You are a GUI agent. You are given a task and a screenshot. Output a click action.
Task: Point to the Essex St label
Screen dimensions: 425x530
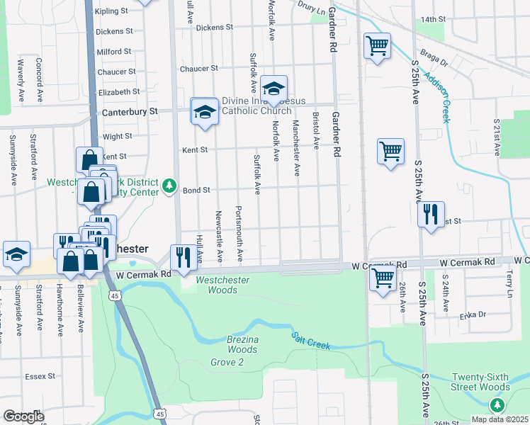tap(40, 376)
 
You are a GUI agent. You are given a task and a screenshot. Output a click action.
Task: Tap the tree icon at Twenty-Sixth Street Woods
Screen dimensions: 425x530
tap(497, 404)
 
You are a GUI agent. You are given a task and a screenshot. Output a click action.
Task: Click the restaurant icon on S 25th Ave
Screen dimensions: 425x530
tap(431, 213)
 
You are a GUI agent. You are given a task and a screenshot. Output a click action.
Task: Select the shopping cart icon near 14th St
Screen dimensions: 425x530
tap(377, 46)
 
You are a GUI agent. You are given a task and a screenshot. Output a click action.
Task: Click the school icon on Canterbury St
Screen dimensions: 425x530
tap(205, 111)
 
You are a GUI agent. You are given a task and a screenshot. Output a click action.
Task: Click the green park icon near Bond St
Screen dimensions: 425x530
tap(169, 186)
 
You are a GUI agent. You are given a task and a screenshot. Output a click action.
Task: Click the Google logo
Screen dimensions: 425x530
tap(23, 416)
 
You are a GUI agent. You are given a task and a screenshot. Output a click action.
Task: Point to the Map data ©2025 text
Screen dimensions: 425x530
tap(500, 419)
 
